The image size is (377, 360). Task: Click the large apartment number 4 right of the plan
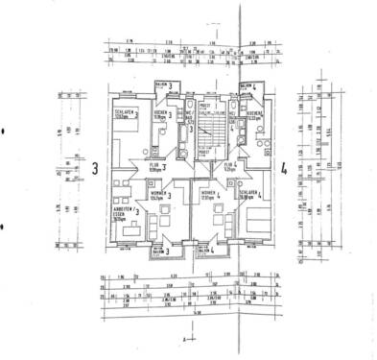(284, 172)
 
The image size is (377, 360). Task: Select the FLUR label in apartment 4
(229, 166)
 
